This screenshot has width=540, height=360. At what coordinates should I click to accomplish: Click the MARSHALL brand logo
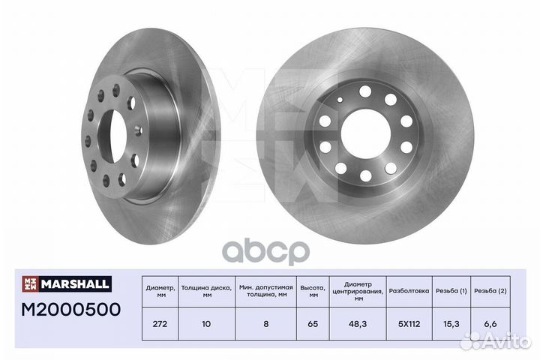point(67,283)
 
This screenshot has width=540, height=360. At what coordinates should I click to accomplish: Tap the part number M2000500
point(71,309)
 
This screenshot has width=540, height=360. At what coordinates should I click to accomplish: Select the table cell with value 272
point(160,324)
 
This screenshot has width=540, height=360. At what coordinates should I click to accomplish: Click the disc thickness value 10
point(206,324)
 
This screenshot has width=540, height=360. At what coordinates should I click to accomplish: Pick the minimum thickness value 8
point(265,324)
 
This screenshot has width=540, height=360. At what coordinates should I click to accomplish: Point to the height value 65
point(313,324)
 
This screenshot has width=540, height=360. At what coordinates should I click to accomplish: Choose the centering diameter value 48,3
point(358,324)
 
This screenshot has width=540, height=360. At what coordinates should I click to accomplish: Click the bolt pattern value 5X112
point(409,324)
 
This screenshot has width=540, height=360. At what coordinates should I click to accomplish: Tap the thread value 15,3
point(451,324)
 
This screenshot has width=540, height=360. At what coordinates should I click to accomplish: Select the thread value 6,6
point(490,324)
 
